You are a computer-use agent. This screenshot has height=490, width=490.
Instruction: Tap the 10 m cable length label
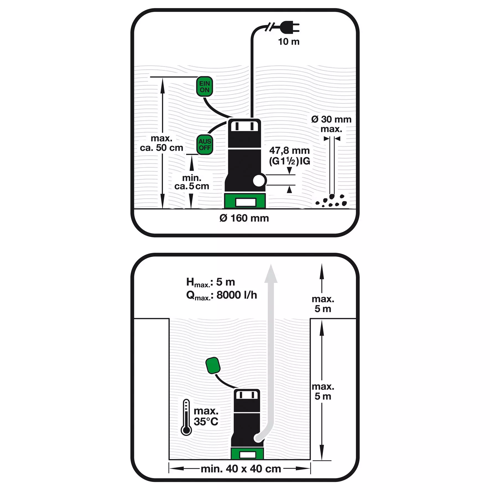(289, 42)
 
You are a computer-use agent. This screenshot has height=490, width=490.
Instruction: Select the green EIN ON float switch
(205, 87)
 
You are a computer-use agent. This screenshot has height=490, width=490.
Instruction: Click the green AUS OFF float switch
(205, 144)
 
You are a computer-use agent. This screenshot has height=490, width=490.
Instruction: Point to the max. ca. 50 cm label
(161, 143)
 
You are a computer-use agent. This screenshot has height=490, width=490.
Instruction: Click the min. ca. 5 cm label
(192, 182)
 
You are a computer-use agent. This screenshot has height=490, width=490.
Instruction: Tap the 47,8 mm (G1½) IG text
(290, 156)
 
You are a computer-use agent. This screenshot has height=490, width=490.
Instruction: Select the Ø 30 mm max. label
(331, 124)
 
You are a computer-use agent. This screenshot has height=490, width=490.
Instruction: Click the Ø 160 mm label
(244, 218)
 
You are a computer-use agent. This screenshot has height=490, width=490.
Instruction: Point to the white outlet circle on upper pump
(259, 181)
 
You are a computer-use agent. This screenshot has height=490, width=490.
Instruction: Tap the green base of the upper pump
(245, 201)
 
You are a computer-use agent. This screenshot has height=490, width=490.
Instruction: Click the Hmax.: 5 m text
(211, 282)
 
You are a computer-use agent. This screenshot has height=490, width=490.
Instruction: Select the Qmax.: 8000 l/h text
(221, 295)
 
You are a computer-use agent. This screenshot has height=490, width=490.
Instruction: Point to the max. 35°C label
(206, 416)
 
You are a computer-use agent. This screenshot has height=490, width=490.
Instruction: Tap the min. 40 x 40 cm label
(241, 469)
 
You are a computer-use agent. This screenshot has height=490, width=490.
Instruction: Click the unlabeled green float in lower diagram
(213, 365)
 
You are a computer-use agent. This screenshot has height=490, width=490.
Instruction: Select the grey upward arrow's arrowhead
(271, 274)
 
